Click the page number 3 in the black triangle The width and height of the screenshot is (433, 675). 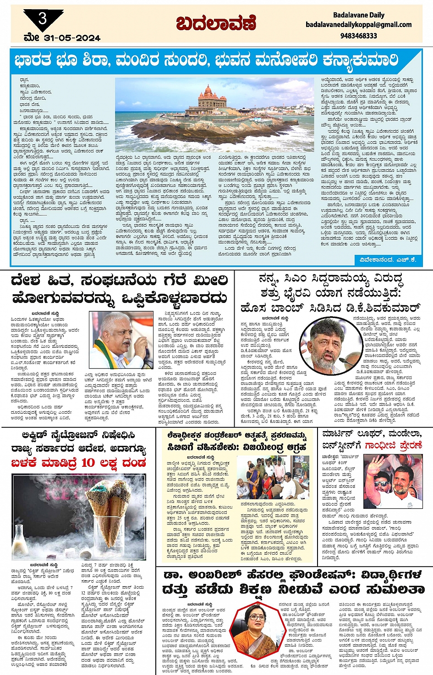click(43, 18)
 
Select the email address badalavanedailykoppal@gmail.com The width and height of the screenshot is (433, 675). click(358, 25)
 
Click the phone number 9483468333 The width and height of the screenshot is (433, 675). click(359, 35)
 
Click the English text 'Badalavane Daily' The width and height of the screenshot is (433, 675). click(359, 15)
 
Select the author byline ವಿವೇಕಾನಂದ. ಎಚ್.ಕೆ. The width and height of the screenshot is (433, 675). click(388, 259)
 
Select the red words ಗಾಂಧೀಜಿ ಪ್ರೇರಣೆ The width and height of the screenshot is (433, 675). click(394, 445)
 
